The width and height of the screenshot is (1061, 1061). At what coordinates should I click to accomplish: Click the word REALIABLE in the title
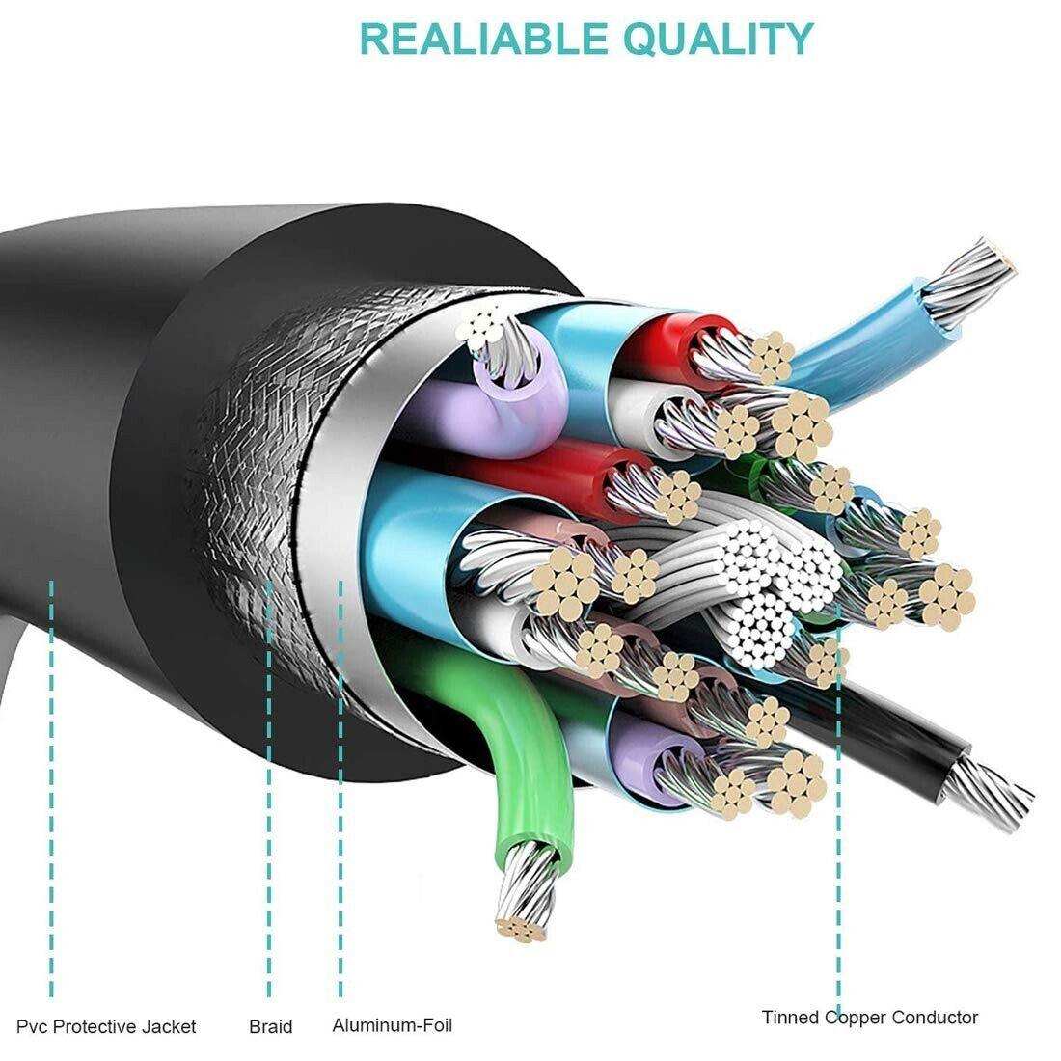(x=483, y=39)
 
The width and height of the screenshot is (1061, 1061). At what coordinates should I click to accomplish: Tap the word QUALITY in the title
(x=719, y=40)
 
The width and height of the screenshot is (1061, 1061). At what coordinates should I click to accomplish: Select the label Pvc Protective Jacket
(x=106, y=1026)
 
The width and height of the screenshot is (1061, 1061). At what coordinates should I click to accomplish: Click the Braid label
(x=271, y=1026)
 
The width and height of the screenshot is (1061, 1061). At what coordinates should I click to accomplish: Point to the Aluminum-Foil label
(x=392, y=1025)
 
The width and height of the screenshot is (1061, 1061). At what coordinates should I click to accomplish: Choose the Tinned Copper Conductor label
(x=869, y=1017)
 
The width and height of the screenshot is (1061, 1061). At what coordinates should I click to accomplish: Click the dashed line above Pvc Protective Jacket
(x=51, y=788)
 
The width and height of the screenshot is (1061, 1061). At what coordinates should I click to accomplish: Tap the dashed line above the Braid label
(x=269, y=788)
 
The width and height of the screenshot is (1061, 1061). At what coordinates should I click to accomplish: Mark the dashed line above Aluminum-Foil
(x=340, y=788)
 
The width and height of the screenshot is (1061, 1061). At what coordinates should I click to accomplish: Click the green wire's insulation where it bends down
(x=521, y=745)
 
